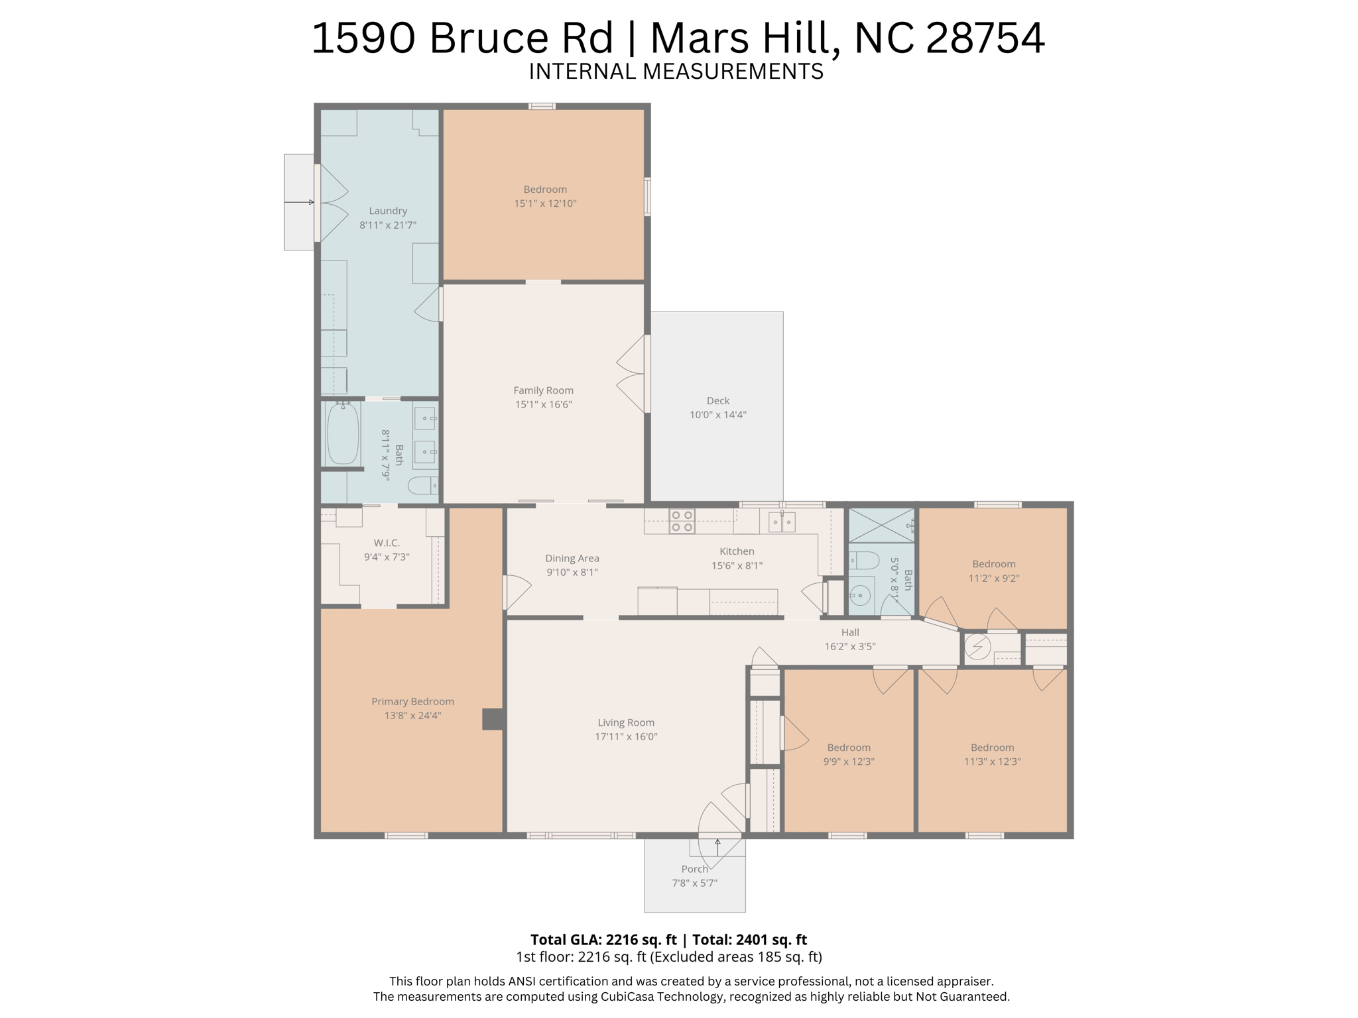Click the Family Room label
[x=543, y=390]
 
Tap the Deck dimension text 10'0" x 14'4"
[x=717, y=415]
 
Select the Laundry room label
[x=388, y=211]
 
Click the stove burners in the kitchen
[x=682, y=521]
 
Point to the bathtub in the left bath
[x=343, y=434]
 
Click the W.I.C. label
[x=387, y=543]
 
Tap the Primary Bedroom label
[x=412, y=701]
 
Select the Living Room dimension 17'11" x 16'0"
[x=626, y=736]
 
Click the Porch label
[x=694, y=869]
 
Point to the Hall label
[x=850, y=632]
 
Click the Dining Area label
[x=572, y=558]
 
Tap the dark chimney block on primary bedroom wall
[x=492, y=719]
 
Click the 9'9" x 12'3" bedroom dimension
[x=849, y=762]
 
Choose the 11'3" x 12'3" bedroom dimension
[x=992, y=762]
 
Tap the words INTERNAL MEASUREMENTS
[x=676, y=72]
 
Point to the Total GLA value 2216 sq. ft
[x=641, y=939]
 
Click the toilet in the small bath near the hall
[x=863, y=561]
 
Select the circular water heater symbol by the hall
[x=977, y=646]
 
